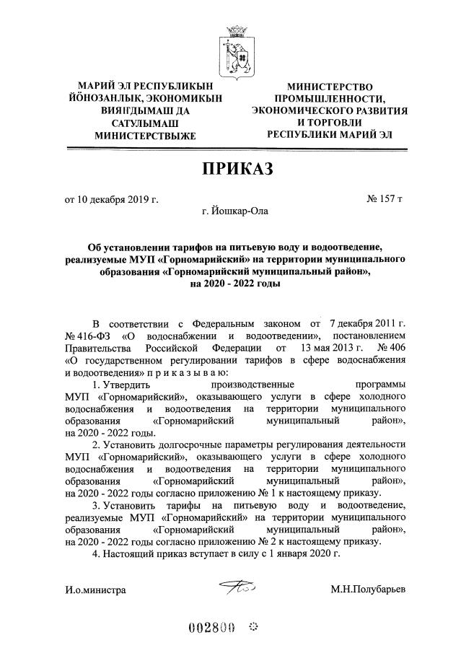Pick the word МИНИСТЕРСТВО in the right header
click(x=328, y=86)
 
